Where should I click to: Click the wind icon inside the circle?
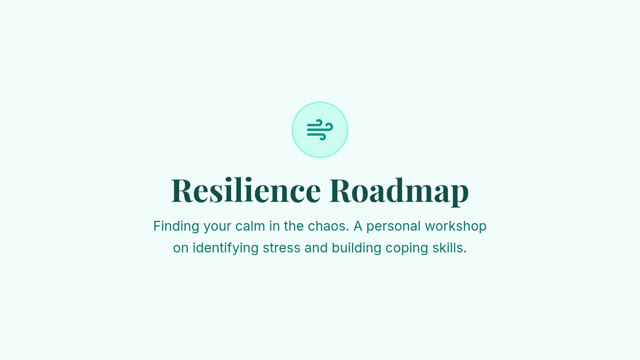(x=319, y=130)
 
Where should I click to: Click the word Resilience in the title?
(x=246, y=190)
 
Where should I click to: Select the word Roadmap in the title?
(x=399, y=191)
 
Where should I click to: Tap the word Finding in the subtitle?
(x=176, y=226)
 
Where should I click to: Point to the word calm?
(x=250, y=226)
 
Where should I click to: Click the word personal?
(x=394, y=227)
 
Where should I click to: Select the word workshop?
(x=455, y=227)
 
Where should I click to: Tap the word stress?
(x=282, y=247)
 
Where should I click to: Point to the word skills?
(x=450, y=247)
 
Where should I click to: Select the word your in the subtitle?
(x=217, y=227)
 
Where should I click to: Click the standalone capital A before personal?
(x=358, y=226)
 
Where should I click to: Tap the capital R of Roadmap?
(x=341, y=190)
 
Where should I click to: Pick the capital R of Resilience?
(x=182, y=190)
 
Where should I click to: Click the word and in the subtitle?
(x=316, y=247)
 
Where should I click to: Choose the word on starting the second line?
(x=181, y=249)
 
